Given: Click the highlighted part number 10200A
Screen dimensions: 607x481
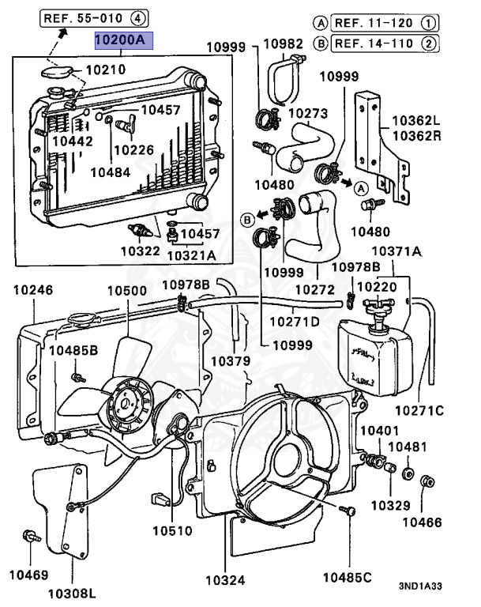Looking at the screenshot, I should [x=119, y=39].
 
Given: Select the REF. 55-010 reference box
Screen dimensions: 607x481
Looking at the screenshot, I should [x=93, y=17].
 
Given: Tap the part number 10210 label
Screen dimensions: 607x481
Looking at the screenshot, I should [x=105, y=70].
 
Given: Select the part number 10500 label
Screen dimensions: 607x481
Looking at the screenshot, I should [x=127, y=291].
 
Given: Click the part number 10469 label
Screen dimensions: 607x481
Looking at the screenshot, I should [x=28, y=575].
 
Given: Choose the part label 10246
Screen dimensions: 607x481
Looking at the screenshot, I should [x=32, y=291].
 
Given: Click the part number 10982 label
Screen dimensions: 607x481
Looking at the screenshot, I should [x=284, y=43].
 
